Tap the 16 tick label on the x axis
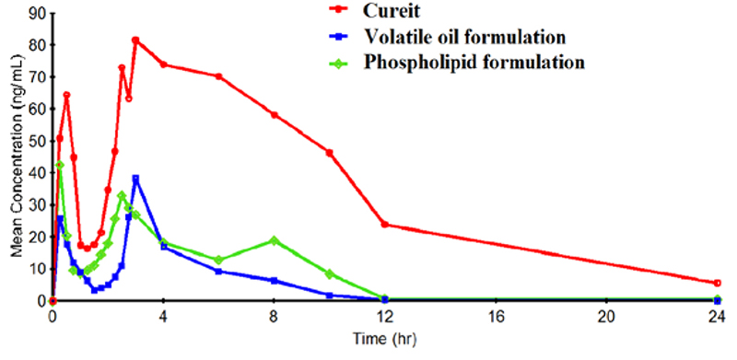click(496, 316)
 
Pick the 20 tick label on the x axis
click(606, 316)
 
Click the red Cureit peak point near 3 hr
click(135, 40)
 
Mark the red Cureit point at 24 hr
click(717, 283)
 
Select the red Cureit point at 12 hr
click(384, 225)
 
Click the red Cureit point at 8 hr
click(274, 114)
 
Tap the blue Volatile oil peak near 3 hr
click(135, 178)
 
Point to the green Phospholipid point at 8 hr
click(274, 240)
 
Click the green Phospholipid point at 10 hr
click(329, 273)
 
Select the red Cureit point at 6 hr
click(218, 76)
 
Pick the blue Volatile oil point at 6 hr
click(218, 271)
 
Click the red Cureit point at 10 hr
click(329, 153)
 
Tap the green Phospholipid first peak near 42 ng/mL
click(59, 165)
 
